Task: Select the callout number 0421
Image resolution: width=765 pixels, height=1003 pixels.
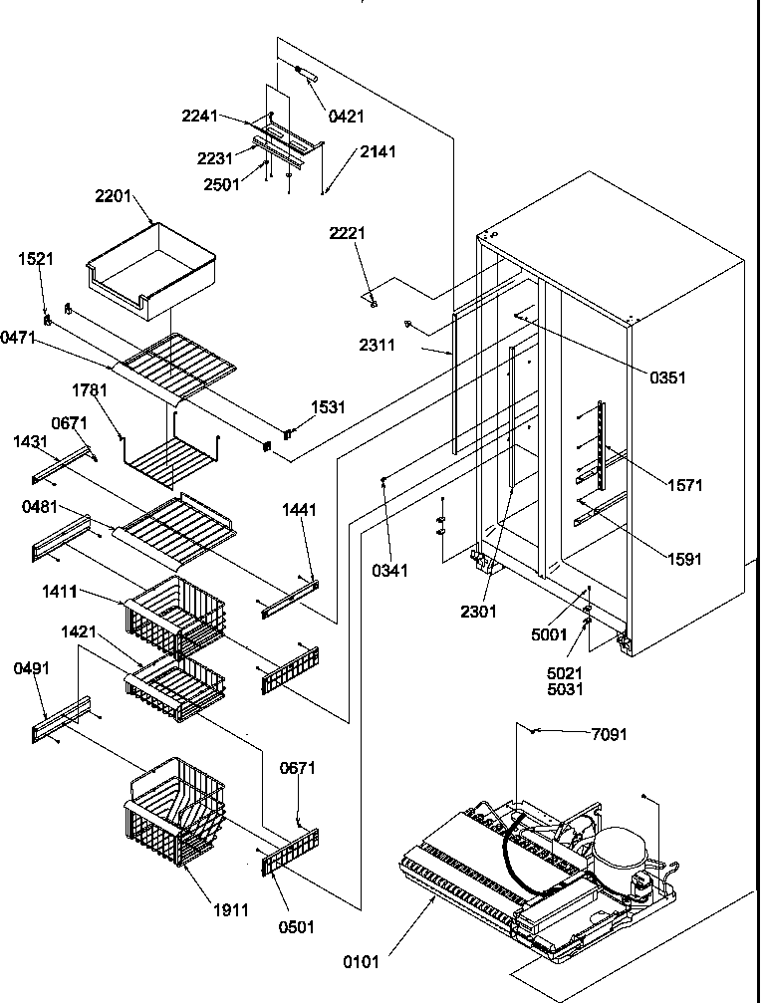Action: point(346,117)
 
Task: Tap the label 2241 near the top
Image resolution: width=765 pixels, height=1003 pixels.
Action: point(199,116)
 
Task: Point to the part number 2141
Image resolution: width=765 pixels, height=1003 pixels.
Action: point(378,152)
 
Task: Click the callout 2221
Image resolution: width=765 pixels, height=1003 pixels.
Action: point(348,233)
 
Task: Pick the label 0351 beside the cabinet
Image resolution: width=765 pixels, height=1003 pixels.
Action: point(666,377)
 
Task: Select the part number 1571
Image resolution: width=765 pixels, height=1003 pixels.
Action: point(684,485)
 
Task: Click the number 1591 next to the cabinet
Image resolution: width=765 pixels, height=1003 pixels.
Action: point(683,559)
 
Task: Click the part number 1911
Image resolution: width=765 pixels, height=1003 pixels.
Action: point(229,909)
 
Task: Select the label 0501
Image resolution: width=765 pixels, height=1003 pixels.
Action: point(296,927)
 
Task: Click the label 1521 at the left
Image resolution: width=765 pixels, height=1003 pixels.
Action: point(35,259)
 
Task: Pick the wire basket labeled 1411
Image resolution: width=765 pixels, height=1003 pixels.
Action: point(174,613)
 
